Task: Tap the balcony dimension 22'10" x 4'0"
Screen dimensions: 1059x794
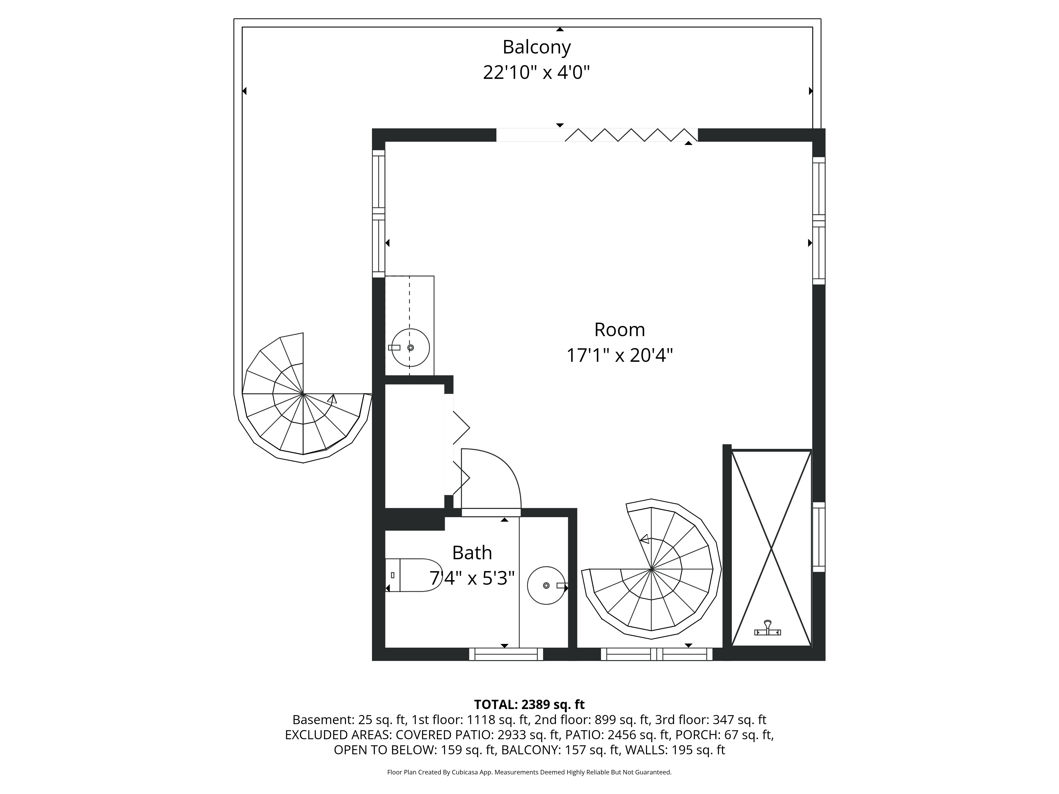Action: click(536, 73)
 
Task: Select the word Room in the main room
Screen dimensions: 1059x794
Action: click(620, 330)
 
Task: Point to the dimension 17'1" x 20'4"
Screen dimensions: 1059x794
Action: click(620, 356)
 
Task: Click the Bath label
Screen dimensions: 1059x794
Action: click(472, 553)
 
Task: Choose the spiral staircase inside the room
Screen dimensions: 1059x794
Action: click(651, 570)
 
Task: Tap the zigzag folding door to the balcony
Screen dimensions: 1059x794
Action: click(631, 135)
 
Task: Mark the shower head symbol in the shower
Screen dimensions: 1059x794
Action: click(768, 628)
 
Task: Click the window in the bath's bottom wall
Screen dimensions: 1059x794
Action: click(506, 654)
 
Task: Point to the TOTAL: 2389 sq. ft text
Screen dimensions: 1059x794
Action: click(529, 705)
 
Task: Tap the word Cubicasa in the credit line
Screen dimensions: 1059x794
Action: click(463, 772)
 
